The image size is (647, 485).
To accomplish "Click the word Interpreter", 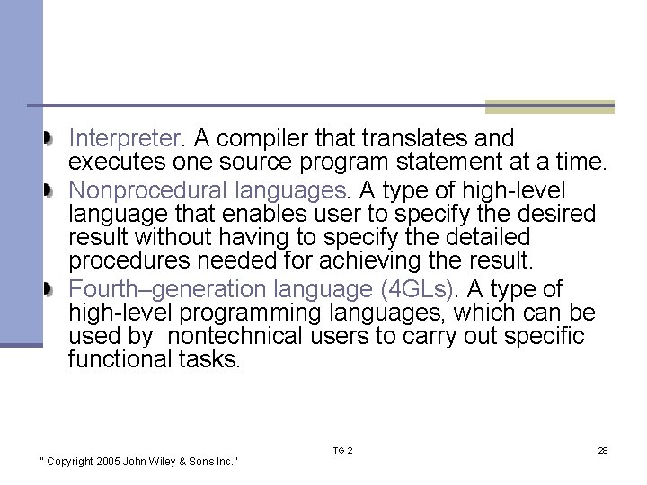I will tap(126, 139).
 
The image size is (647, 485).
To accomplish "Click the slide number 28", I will tap(602, 450).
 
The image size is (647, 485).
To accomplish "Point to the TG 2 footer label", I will tap(342, 450).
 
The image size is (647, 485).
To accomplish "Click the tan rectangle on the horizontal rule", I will tap(549, 107).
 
